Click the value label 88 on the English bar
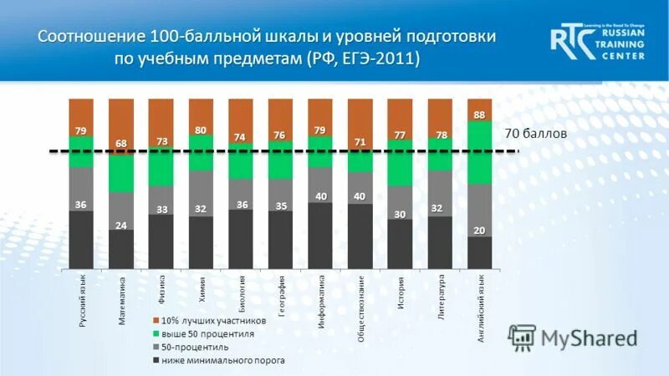click(x=479, y=115)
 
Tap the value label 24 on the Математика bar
click(x=121, y=225)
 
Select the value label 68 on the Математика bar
click(x=121, y=144)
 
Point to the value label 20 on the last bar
click(x=479, y=231)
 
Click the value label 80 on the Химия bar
click(x=201, y=130)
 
